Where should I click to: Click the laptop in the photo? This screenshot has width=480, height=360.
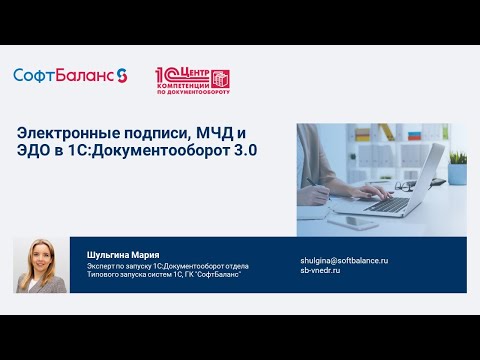pyautogui.click(x=400, y=180)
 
